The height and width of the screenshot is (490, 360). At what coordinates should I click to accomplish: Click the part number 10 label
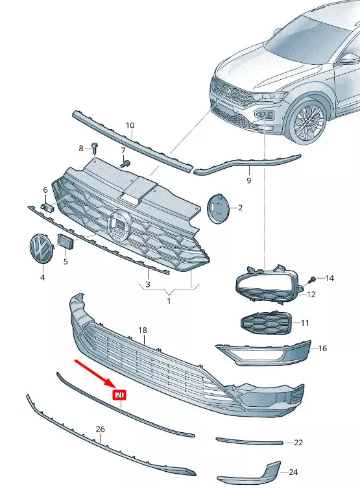tap(130, 125)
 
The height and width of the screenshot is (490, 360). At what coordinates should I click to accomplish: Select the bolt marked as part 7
tap(126, 162)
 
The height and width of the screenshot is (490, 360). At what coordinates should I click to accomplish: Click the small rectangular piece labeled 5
tap(66, 242)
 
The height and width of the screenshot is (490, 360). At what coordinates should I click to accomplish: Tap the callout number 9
tap(248, 180)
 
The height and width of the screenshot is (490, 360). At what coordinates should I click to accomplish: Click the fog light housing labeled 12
tap(266, 286)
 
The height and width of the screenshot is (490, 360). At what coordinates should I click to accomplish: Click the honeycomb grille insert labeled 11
tap(267, 323)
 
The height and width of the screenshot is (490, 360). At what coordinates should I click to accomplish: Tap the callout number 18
tap(143, 330)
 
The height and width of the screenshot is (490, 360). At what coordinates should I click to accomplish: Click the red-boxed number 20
tap(120, 394)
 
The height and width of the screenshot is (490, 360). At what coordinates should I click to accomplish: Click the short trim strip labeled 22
tap(250, 441)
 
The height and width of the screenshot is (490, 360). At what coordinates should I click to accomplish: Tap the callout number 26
tap(100, 430)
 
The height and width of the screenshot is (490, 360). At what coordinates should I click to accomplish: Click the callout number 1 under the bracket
tap(169, 301)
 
